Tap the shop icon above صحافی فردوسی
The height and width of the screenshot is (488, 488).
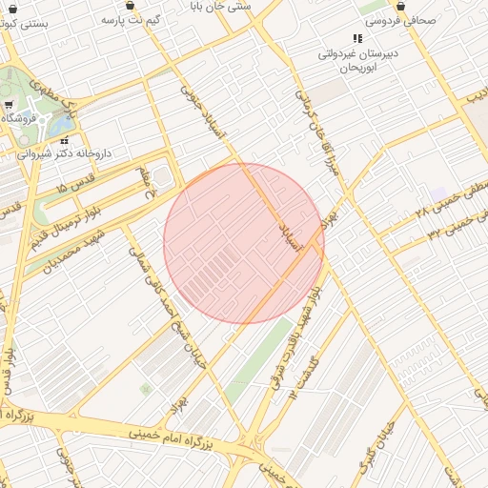point(399,5)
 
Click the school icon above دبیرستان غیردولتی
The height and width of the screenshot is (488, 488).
point(357,39)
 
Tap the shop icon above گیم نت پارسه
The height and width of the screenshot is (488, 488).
point(129,5)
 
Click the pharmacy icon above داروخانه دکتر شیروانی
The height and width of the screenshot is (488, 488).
point(65,139)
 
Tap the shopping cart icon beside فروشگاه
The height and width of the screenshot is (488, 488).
point(9,105)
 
